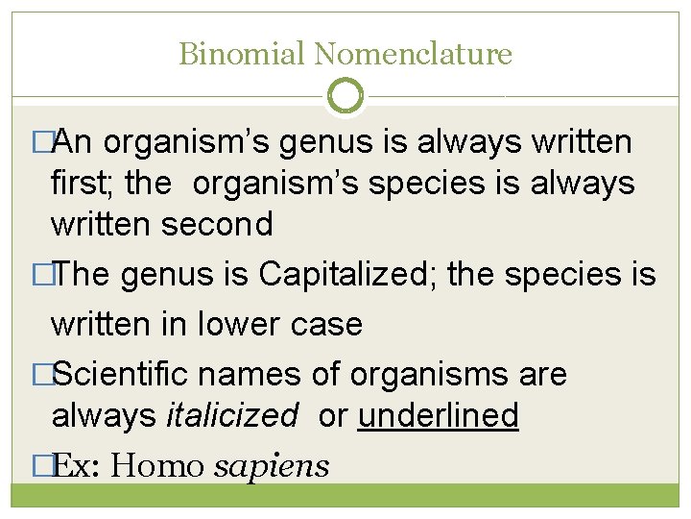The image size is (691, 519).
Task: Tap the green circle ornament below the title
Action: tap(345, 95)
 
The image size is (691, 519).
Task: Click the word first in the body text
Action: tap(80, 183)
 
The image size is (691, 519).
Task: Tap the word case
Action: tap(328, 324)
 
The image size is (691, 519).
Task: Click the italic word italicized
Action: tap(232, 416)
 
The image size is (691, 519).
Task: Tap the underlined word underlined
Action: tap(438, 416)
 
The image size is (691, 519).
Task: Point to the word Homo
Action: tap(158, 466)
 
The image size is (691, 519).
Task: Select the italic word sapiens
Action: tap(272, 466)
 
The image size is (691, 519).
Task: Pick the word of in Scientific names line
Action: tap(325, 374)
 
